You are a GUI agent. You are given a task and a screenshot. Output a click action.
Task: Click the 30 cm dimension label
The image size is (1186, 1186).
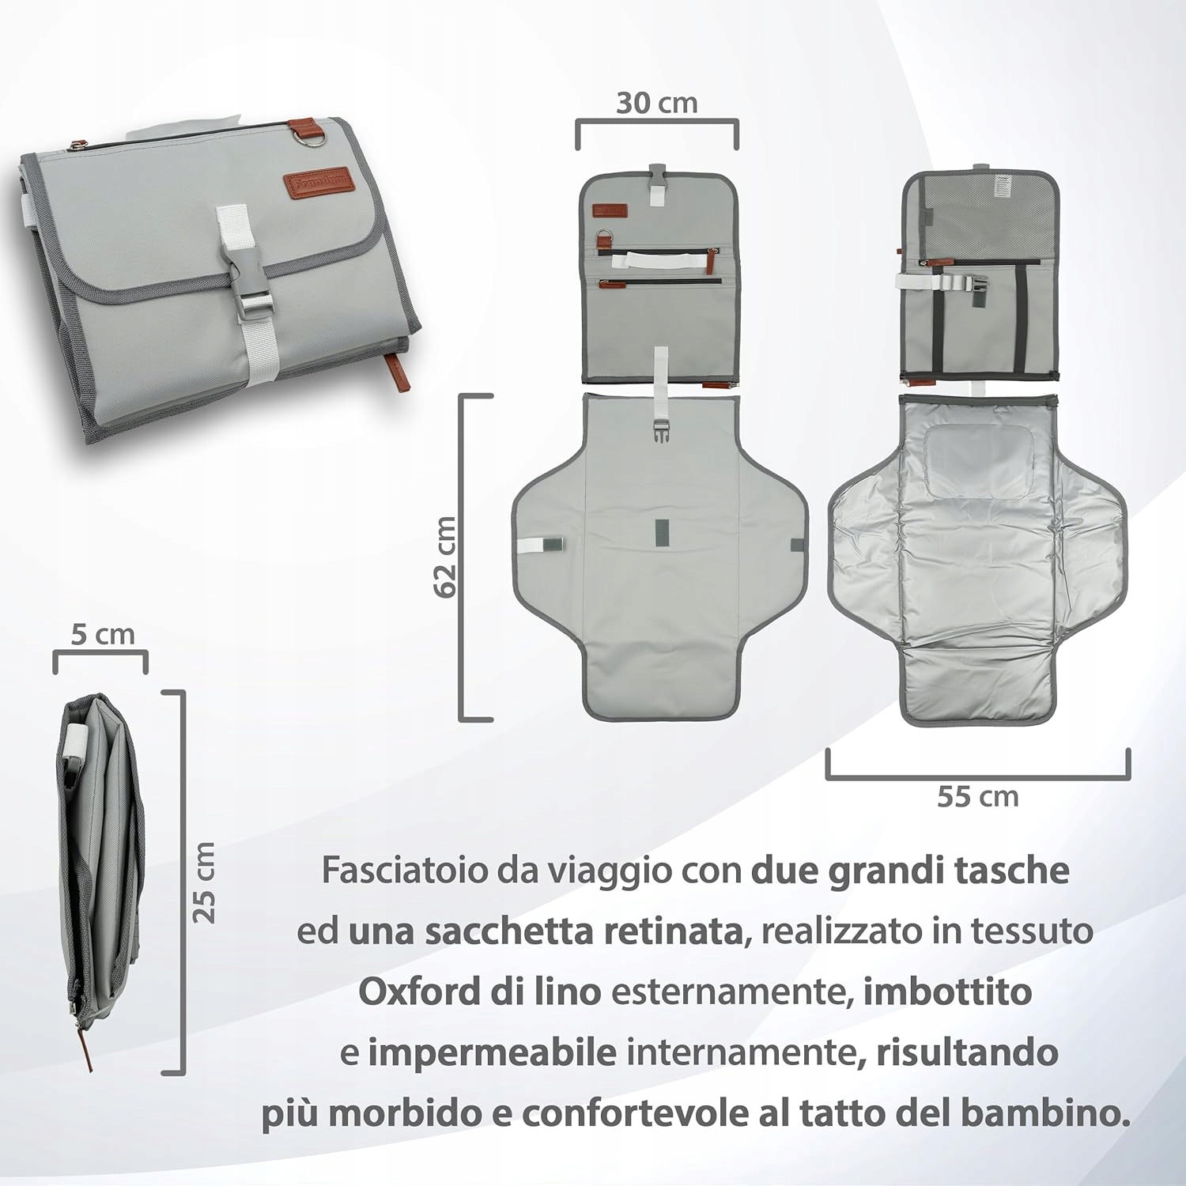point(657,103)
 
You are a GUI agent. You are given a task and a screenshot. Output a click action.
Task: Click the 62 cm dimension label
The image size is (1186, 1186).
point(445,557)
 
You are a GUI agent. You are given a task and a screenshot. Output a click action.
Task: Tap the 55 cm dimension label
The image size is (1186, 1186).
point(978,796)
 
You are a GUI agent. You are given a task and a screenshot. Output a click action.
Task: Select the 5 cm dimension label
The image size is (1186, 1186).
point(103,634)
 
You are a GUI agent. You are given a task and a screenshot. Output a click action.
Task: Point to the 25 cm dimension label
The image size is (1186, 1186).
point(204,882)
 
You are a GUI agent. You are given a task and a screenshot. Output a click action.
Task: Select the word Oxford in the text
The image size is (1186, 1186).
point(419,991)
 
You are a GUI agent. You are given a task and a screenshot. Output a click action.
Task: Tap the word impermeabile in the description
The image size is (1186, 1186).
point(492,1052)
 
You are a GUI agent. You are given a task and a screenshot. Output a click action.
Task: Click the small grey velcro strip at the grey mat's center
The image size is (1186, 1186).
point(661,534)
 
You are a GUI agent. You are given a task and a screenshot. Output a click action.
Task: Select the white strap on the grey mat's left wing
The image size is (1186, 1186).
point(539,544)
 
